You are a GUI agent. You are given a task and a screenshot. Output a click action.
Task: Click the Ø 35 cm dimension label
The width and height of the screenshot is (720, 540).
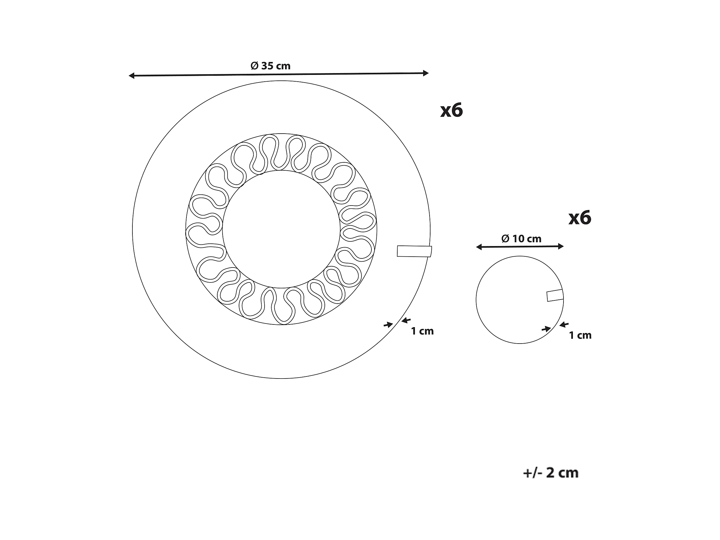point(270,66)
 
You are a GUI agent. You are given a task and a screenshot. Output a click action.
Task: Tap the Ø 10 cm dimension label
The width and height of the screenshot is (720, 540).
point(522,239)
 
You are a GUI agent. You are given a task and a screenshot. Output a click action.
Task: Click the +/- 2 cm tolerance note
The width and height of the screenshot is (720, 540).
point(551,473)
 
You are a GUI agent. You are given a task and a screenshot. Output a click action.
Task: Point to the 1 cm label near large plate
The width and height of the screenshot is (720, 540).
point(422,331)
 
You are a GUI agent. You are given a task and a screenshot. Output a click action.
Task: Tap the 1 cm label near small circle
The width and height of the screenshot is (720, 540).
point(580,335)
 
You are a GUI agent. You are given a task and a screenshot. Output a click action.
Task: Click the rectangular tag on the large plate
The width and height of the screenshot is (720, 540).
point(414,251)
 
